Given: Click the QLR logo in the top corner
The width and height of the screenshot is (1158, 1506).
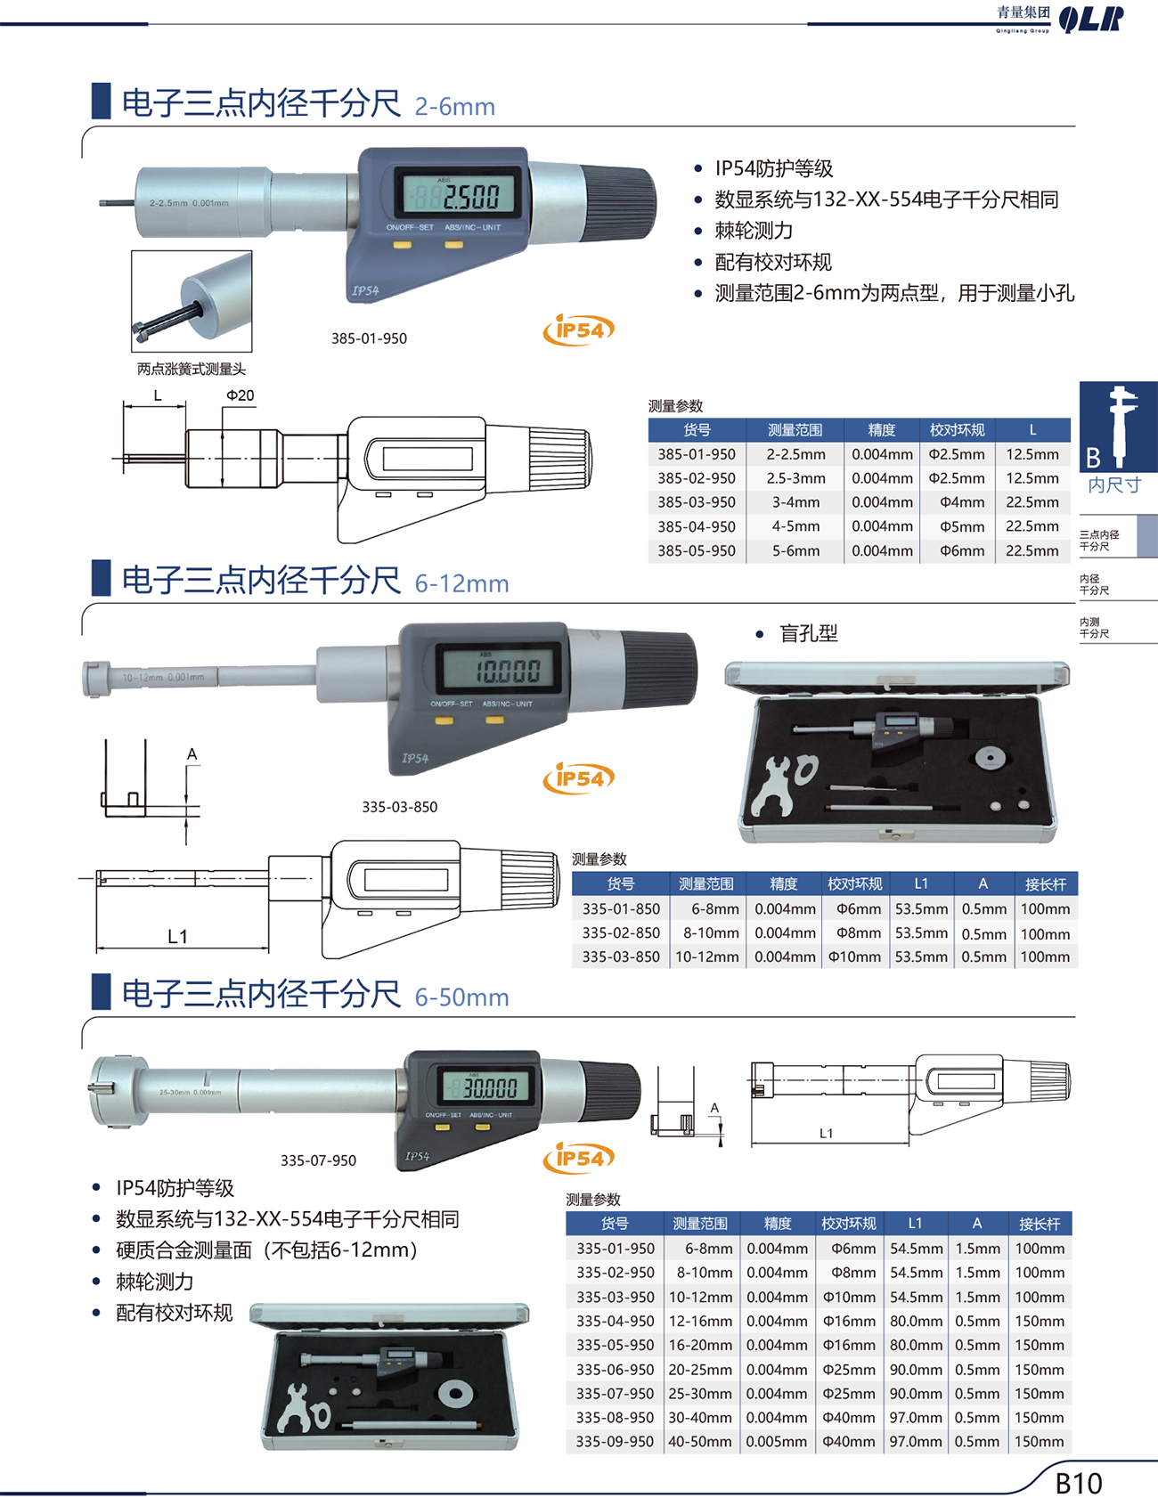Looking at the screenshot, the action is (1091, 19).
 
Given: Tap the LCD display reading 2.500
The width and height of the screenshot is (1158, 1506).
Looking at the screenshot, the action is (460, 192).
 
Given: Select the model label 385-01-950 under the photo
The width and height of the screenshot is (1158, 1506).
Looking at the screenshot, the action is (369, 338).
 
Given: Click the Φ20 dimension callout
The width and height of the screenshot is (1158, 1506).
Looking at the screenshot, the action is (240, 395).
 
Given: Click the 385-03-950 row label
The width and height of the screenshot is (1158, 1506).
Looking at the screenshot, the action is (697, 502).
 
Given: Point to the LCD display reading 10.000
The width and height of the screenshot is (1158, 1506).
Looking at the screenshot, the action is (501, 669).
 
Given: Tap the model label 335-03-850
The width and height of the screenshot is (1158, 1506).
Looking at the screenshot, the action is (399, 807).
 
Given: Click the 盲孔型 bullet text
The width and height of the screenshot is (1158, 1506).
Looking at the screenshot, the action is (809, 633).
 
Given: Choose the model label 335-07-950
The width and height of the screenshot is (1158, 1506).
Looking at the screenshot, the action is (318, 1160).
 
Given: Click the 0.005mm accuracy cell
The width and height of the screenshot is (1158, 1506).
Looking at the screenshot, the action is (777, 1441).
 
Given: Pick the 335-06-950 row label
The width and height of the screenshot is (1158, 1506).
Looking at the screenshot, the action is (615, 1369).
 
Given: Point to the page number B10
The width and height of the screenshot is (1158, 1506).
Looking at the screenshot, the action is (1079, 1483).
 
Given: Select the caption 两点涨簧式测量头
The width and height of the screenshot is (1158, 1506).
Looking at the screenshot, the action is (191, 369).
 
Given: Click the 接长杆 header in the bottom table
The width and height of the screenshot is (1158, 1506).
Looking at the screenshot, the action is (1040, 1224).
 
